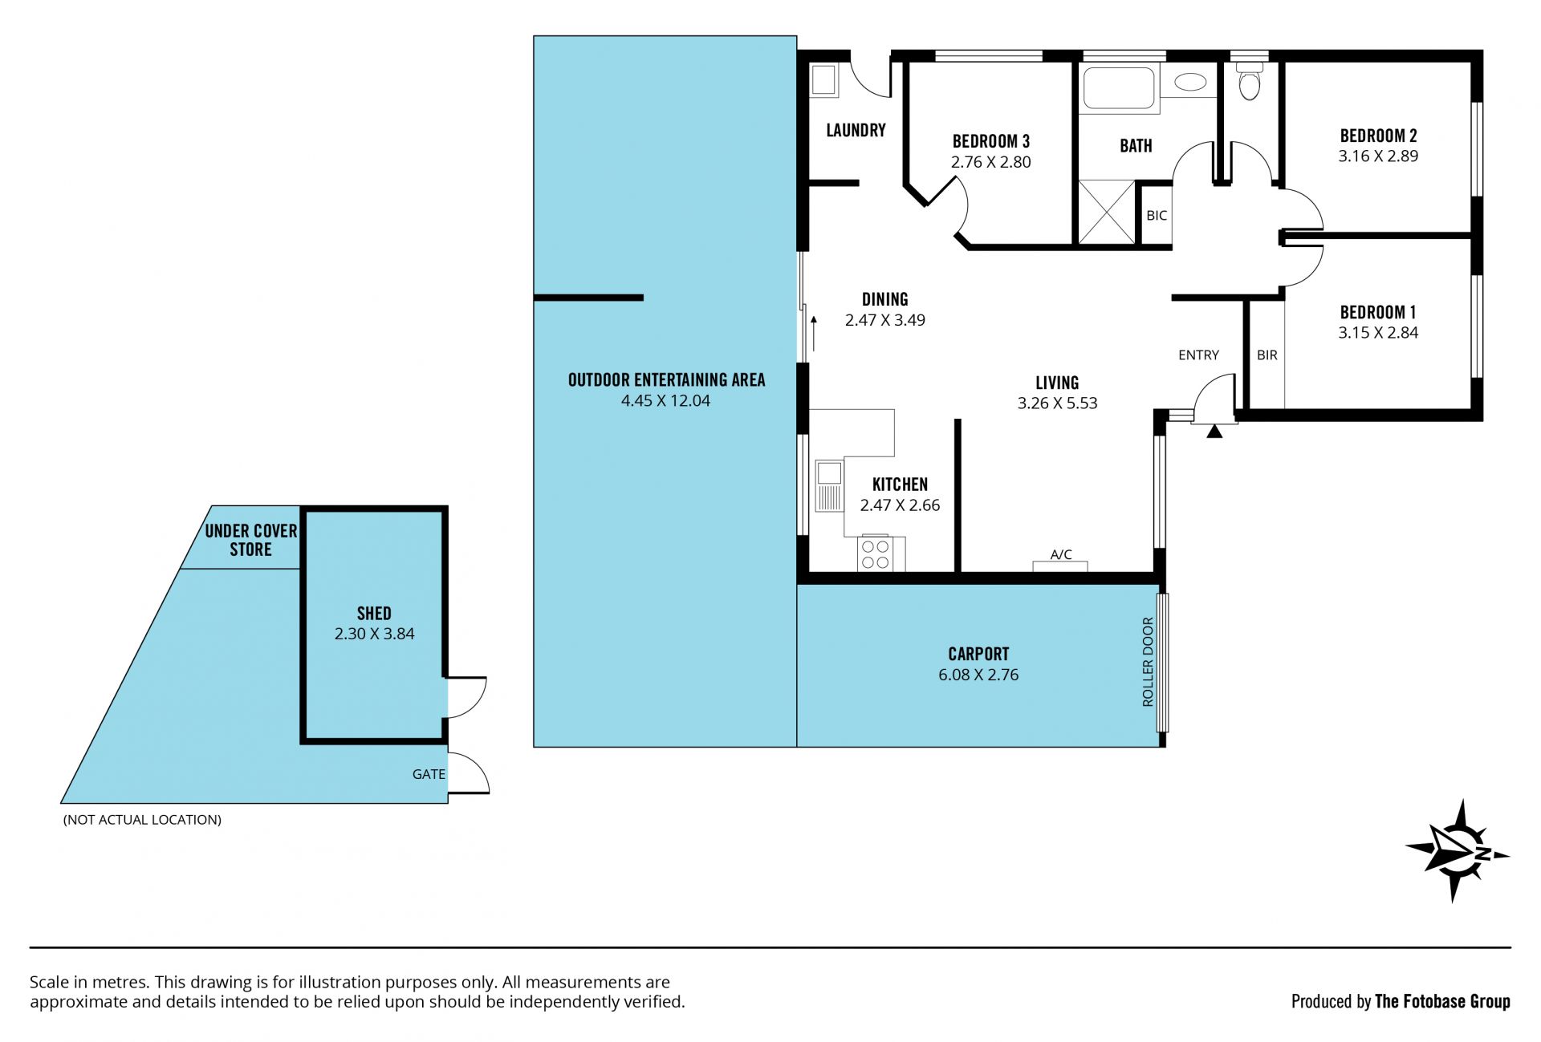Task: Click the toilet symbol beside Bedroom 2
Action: [x=1249, y=82]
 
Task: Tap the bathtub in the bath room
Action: [x=1120, y=88]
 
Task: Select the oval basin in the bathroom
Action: [x=1190, y=82]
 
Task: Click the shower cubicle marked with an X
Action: [x=1107, y=212]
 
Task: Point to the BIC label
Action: [x=1157, y=216]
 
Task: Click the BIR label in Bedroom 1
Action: [x=1267, y=355]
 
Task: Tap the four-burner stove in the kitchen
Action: [x=875, y=553]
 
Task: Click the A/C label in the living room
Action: [x=1061, y=554]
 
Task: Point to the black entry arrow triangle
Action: [x=1214, y=432]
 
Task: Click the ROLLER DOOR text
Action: [x=1148, y=662]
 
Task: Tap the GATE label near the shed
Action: [x=429, y=774]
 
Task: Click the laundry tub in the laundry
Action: [x=824, y=80]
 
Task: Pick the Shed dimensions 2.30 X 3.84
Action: [x=375, y=634]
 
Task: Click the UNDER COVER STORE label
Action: [x=251, y=540]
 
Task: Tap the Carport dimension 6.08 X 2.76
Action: [x=978, y=675]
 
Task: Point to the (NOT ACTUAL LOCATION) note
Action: [x=142, y=820]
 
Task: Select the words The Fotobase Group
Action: [x=1442, y=1001]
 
